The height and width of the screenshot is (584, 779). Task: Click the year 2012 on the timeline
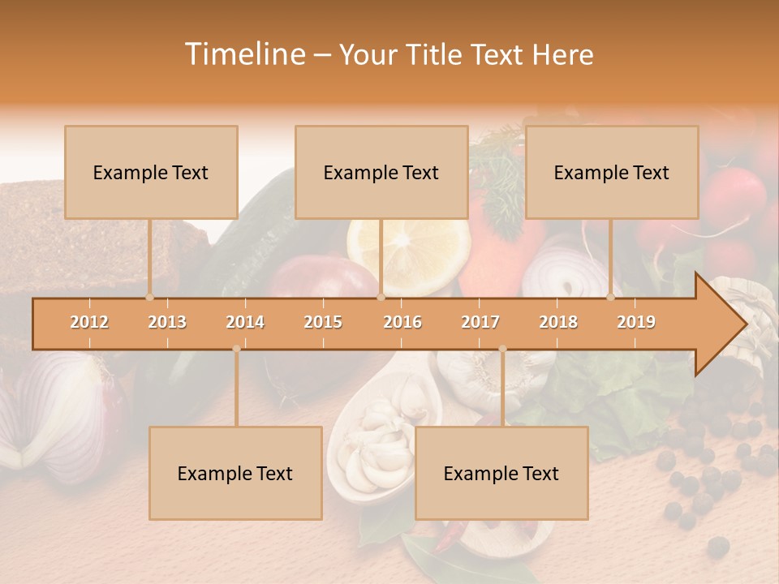click(89, 322)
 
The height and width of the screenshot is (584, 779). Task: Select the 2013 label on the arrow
click(167, 322)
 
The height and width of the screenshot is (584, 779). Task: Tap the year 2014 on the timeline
click(245, 322)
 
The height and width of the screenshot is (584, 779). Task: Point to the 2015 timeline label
click(323, 322)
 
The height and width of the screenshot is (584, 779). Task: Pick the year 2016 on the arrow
click(402, 322)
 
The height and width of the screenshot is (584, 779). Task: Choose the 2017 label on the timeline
click(480, 322)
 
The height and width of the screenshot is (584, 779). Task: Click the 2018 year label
click(558, 322)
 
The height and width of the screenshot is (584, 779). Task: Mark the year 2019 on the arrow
click(636, 322)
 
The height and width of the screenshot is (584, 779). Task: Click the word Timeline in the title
click(243, 54)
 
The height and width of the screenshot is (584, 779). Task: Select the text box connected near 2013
click(151, 172)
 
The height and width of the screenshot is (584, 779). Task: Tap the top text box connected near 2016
click(381, 172)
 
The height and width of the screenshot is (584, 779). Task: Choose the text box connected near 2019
click(612, 172)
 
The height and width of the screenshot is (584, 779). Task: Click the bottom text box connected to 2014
click(235, 473)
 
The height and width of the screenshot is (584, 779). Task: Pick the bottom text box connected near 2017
click(501, 473)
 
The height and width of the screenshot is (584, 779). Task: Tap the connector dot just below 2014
click(236, 349)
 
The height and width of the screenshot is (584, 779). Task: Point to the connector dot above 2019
click(611, 297)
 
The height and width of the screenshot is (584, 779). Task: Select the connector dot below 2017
click(502, 349)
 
